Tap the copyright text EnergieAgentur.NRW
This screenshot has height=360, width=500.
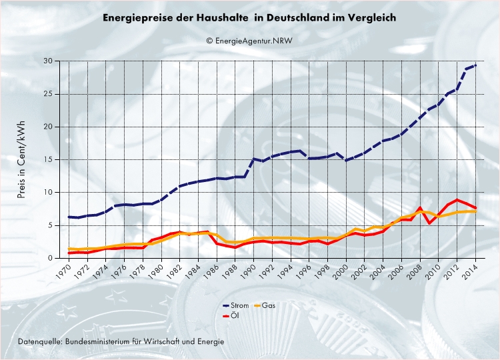pyautogui.click(x=249, y=40)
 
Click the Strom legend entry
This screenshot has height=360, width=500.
pyautogui.click(x=237, y=305)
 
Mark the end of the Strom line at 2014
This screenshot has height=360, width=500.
pyautogui.click(x=475, y=65)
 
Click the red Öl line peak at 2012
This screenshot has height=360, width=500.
pyautogui.click(x=457, y=199)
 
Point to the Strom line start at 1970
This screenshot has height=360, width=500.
pyautogui.click(x=69, y=217)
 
